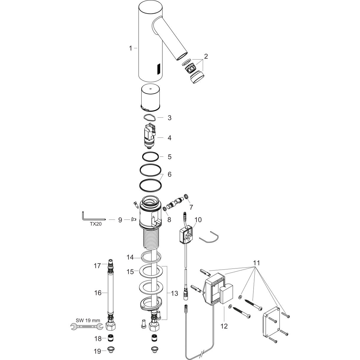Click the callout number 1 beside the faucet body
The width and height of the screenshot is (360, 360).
(x=131, y=48)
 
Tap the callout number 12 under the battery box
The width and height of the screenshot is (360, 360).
(x=224, y=326)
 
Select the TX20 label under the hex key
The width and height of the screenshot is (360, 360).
(x=96, y=224)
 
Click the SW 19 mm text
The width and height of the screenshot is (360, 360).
(x=88, y=320)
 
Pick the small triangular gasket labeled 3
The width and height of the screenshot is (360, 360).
(x=150, y=117)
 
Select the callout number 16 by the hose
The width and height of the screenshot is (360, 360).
(x=98, y=293)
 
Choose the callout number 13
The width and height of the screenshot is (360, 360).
(x=175, y=293)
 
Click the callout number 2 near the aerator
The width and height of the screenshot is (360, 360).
(x=206, y=56)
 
